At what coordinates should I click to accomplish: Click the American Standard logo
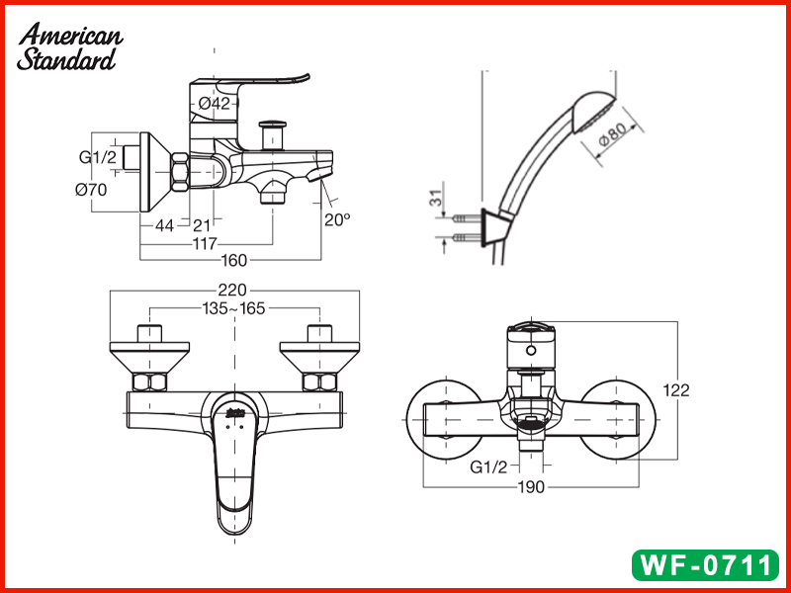69,47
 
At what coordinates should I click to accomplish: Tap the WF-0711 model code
705,565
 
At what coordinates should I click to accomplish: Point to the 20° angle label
337,219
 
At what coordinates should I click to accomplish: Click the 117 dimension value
206,243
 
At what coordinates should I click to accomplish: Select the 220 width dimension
233,291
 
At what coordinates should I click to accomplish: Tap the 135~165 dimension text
233,308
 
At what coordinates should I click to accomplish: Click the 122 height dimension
677,390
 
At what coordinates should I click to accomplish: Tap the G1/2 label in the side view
97,156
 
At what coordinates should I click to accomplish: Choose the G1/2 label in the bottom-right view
488,466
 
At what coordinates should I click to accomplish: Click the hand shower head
591,117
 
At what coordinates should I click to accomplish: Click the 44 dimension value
164,225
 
